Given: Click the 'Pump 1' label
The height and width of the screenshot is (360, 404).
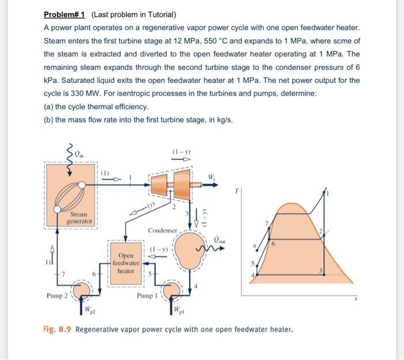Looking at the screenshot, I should pos(147,296).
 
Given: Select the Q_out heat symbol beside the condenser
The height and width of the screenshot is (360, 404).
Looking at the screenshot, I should pos(220,238).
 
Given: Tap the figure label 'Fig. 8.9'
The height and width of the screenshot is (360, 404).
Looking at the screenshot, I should pos(57,330).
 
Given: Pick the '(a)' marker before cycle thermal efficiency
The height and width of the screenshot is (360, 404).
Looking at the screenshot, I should pos(50,107).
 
